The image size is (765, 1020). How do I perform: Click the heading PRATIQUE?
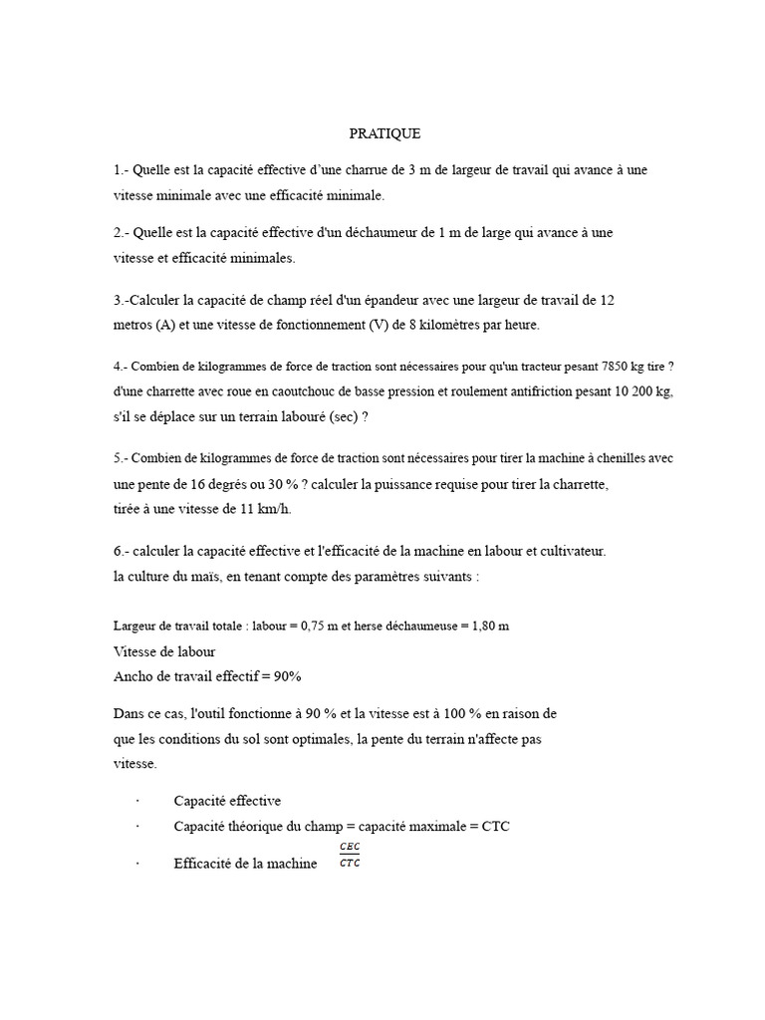[384, 132]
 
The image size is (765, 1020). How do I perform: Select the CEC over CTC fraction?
[350, 855]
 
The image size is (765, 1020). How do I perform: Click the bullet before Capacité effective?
[136, 801]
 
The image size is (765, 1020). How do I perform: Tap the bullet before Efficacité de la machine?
[136, 865]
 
